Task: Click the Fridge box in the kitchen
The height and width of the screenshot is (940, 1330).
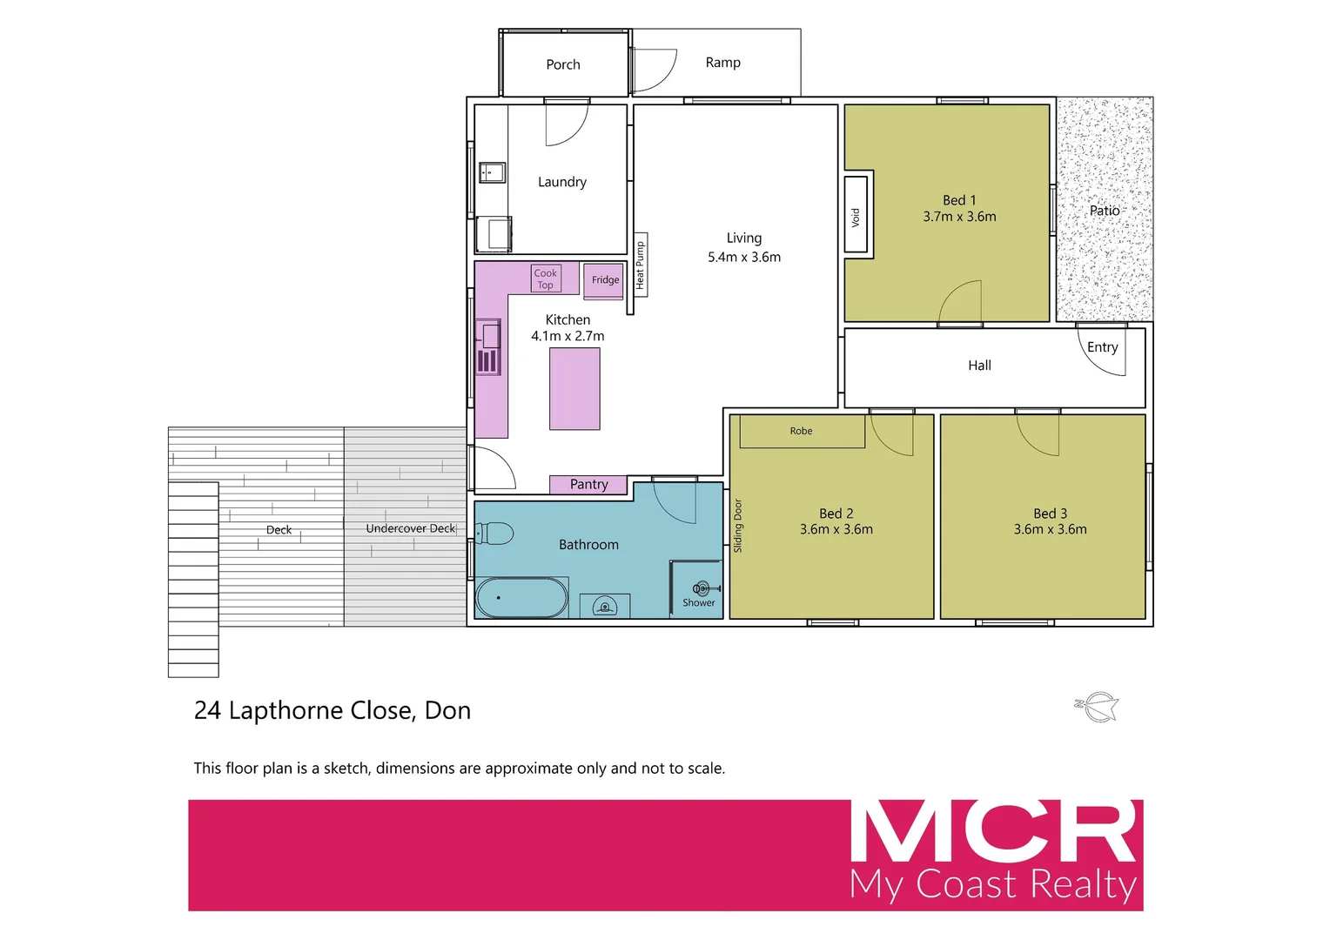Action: (x=604, y=280)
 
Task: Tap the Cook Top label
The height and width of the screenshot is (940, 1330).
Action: (x=546, y=279)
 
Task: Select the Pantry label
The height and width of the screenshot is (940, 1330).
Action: (x=588, y=485)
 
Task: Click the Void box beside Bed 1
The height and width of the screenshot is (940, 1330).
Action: (x=856, y=215)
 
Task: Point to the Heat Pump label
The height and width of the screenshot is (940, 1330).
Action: (x=640, y=265)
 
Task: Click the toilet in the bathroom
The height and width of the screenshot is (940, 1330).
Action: (x=494, y=533)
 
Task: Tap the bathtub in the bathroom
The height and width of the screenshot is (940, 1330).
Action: (x=521, y=598)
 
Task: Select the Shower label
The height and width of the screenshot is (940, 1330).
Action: (x=698, y=602)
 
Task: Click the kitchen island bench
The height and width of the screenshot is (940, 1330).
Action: (x=574, y=388)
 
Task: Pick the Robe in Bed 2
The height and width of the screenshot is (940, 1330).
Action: (x=801, y=431)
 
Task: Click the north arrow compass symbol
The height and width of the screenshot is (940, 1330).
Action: (x=1097, y=706)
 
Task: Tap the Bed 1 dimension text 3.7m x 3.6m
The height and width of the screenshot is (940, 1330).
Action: (x=959, y=217)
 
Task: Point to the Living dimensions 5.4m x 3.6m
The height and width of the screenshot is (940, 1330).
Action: (x=744, y=258)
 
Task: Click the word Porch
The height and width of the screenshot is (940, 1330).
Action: (x=563, y=64)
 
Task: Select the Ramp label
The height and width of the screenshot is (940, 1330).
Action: (x=722, y=63)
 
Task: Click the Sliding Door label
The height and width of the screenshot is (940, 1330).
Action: (x=738, y=526)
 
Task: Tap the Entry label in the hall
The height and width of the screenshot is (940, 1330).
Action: (x=1102, y=347)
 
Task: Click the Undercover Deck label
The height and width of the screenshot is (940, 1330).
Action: (x=410, y=528)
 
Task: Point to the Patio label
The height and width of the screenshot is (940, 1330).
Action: (x=1105, y=211)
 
